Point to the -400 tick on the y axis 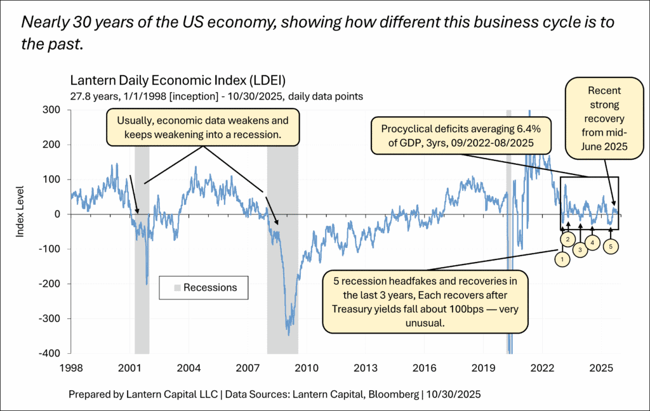[52, 353]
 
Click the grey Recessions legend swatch [177, 288]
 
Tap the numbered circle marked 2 [569, 238]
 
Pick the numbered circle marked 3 [580, 249]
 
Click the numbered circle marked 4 [592, 242]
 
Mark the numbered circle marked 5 [611, 246]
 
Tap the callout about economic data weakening [202, 127]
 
